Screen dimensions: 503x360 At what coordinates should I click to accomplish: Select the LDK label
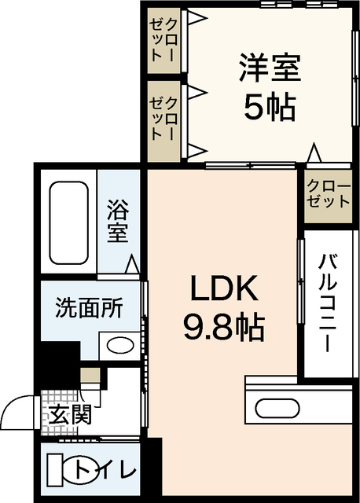[x=222, y=291]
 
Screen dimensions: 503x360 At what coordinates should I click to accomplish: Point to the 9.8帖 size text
[x=222, y=326]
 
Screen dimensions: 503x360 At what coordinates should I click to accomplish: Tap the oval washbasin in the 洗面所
[x=119, y=346]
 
